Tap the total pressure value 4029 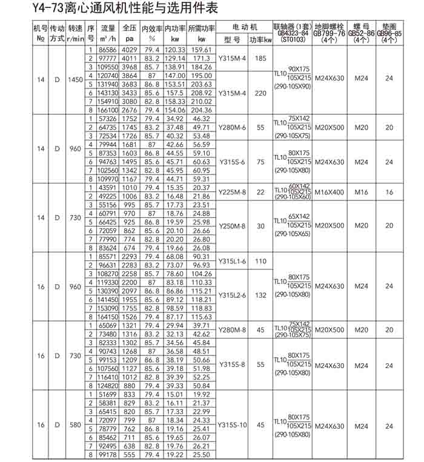tap(130, 50)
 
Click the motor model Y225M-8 tap(233, 192)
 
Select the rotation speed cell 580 tap(75, 424)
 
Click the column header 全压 tap(130, 28)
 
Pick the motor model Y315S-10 tap(233, 424)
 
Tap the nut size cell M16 tap(361, 192)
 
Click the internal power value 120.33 tap(174, 50)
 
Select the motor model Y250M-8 tap(233, 226)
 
